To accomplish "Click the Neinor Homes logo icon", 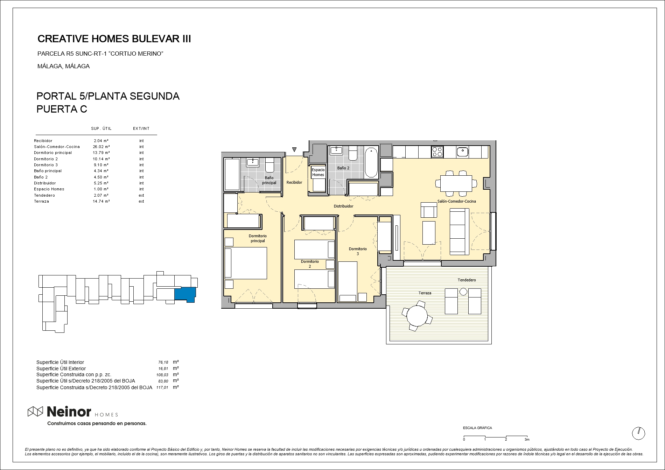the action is pos(35,412).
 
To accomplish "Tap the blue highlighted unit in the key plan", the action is pos(185,294).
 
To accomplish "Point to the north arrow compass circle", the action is pos(638,433).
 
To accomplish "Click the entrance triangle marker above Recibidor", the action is pos(294,150).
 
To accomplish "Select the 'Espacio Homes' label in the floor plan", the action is pos(318,172).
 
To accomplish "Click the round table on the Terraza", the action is pos(416,315).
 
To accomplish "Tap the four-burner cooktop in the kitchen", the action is pos(437,152).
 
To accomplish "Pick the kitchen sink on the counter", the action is pos(462,152).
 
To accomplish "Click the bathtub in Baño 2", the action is pos(371,163).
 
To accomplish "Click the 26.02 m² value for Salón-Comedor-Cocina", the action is pos(101,147).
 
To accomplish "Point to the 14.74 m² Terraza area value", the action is pos(101,201).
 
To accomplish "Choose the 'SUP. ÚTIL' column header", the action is pos(101,128).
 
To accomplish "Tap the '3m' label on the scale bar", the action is pos(527,440).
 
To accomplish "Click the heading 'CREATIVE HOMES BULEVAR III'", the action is pos(114,39).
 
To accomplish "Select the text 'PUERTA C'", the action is pos(62,109).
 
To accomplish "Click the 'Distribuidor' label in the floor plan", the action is pos(343,206).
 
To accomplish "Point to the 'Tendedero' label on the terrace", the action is pos(467,280).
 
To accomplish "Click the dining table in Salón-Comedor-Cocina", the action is pos(456,183).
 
